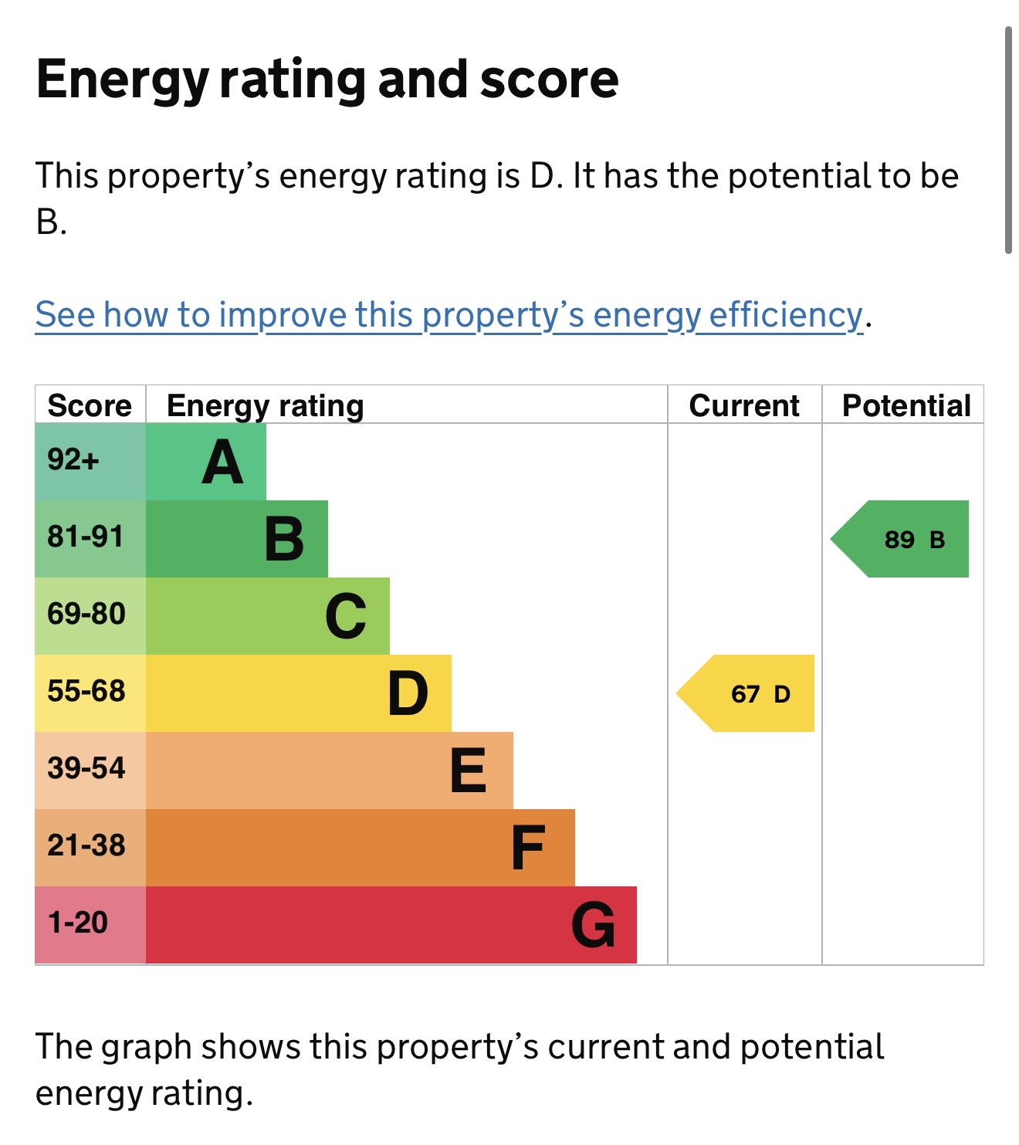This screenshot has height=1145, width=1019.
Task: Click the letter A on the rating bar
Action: pyautogui.click(x=222, y=462)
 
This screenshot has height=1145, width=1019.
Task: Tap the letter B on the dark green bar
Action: pyautogui.click(x=284, y=539)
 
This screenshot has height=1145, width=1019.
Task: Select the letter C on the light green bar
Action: pyautogui.click(x=346, y=616)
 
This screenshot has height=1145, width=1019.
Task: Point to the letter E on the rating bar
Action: pyautogui.click(x=468, y=771)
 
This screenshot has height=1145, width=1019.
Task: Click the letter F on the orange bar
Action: pyautogui.click(x=528, y=848)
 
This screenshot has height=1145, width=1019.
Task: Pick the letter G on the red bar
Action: pyautogui.click(x=593, y=925)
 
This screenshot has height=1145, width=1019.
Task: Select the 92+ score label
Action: pyautogui.click(x=73, y=460)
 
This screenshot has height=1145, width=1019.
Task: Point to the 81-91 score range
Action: pyautogui.click(x=86, y=537)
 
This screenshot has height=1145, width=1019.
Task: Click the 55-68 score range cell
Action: pyautogui.click(x=86, y=691)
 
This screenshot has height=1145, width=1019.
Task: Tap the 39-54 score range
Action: pyautogui.click(x=86, y=768)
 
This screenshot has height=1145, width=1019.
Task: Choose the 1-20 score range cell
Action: pyautogui.click(x=78, y=923)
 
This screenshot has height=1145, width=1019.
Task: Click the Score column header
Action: pyautogui.click(x=90, y=405)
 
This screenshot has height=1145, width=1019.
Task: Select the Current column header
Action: pyautogui.click(x=744, y=405)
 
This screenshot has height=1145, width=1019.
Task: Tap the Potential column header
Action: pyautogui.click(x=906, y=405)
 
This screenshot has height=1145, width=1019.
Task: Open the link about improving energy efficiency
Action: pyautogui.click(x=449, y=315)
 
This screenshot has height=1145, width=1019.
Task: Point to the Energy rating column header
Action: pyautogui.click(x=266, y=405)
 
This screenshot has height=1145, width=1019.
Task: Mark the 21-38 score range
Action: pyautogui.click(x=86, y=845)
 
